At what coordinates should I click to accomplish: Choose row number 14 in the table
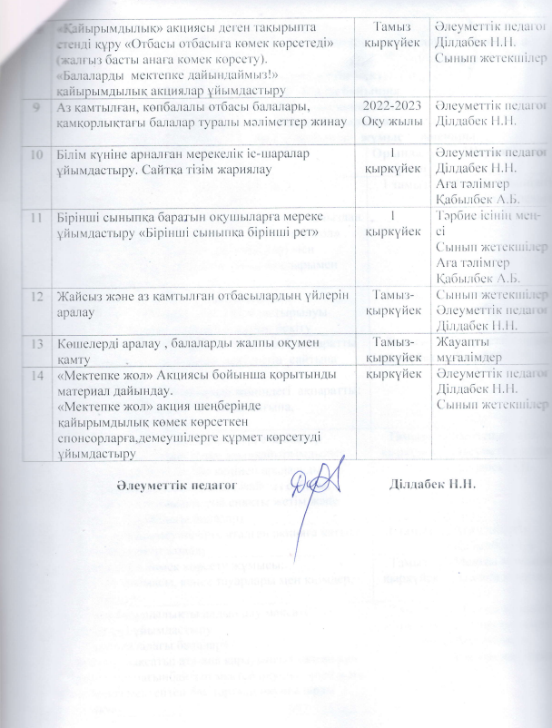pos(34,374)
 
